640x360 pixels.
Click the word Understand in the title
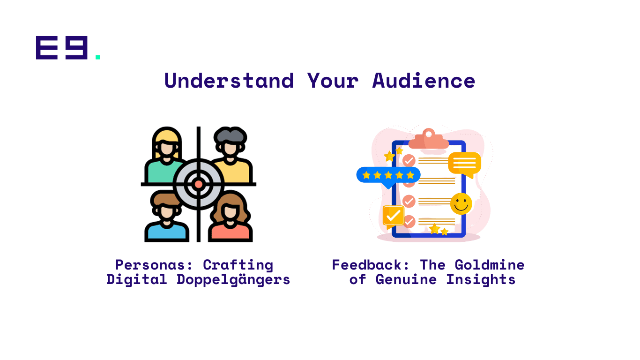coord(229,81)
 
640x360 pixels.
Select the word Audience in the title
coord(424,81)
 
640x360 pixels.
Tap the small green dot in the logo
coord(98,57)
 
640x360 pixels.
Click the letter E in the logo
coord(47,48)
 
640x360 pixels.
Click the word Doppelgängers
coord(233,280)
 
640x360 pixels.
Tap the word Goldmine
coord(490,265)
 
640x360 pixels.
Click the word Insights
coord(481,280)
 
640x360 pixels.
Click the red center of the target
coord(199,184)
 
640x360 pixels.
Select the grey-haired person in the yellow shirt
coord(232,155)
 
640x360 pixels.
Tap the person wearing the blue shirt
coord(167,218)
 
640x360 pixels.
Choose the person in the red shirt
coord(231,218)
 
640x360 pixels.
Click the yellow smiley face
coord(461,204)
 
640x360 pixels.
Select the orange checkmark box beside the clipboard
coord(394,217)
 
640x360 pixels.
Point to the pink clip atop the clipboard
coord(429,140)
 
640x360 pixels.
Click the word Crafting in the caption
coord(238,265)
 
